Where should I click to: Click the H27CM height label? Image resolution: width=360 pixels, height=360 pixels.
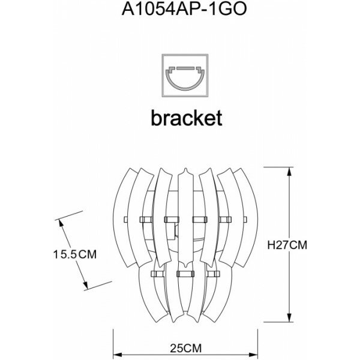[287, 245]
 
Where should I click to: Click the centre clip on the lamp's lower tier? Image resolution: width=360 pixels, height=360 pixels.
[185, 274]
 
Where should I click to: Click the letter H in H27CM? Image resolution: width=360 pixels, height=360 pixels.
[270, 245]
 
